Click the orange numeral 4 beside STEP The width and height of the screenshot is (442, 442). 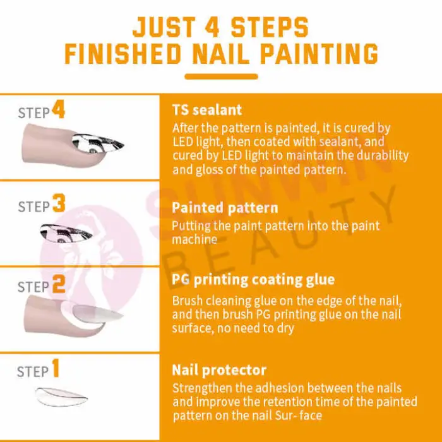(59, 110)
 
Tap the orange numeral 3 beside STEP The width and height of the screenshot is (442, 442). (59, 203)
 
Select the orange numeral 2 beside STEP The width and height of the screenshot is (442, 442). (59, 284)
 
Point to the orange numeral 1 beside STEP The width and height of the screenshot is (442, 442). (56, 368)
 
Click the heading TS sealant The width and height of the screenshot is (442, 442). (207, 110)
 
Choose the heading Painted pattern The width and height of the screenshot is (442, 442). (225, 208)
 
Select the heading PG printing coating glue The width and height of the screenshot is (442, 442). (253, 280)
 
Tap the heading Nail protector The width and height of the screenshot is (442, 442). (219, 370)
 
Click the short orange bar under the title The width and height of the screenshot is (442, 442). (221, 76)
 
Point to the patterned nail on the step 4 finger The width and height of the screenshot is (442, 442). (97, 143)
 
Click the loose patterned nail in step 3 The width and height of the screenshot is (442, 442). (66, 233)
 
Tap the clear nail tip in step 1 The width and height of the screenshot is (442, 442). (61, 397)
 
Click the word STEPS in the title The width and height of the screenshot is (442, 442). (270, 27)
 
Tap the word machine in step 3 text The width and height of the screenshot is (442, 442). (194, 239)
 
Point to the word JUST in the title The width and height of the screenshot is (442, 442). (164, 27)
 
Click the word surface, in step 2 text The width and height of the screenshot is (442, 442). (193, 328)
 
